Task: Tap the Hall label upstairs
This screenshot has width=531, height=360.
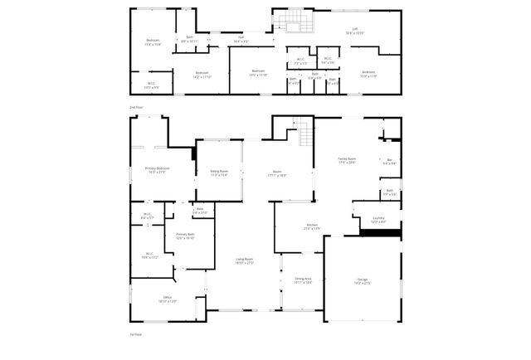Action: coord(241,37)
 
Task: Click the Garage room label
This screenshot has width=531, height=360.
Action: coord(363,284)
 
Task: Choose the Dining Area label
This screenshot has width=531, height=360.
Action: coord(303,280)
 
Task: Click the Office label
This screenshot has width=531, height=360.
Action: coord(167,299)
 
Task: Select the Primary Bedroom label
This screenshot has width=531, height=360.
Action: coord(156,171)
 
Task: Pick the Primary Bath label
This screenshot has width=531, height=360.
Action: coord(184,236)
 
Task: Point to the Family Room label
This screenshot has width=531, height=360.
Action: coord(346,161)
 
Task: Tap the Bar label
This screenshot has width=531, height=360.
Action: coord(389,162)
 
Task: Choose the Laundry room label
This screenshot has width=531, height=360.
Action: coord(378,221)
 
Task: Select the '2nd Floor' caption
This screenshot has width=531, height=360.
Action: coord(136,108)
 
